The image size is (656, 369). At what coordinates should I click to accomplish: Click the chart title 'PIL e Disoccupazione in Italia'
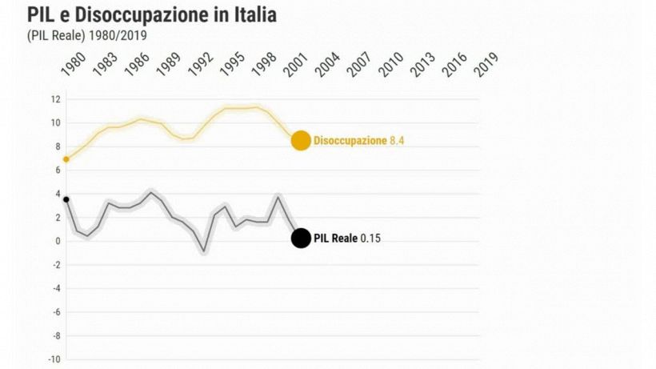152,15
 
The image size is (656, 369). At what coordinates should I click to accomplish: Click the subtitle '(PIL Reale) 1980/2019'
87,35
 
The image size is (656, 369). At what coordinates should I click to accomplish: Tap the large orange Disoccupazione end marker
300,141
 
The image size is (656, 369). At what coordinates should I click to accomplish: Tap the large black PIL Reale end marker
300,239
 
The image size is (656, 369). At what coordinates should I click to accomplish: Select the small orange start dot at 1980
66,159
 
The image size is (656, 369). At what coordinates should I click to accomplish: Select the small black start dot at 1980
66,199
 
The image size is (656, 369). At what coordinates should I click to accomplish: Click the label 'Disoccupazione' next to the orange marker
350,141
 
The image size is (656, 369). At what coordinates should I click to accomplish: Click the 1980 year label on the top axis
72,65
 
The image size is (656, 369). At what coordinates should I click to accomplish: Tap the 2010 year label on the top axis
390,65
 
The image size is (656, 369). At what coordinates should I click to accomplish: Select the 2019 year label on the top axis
486,65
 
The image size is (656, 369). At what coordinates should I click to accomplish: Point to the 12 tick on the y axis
56,99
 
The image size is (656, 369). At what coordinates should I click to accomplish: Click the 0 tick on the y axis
58,241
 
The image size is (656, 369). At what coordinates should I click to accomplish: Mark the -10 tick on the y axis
54,359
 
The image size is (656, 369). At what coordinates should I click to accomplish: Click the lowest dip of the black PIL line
204,251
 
